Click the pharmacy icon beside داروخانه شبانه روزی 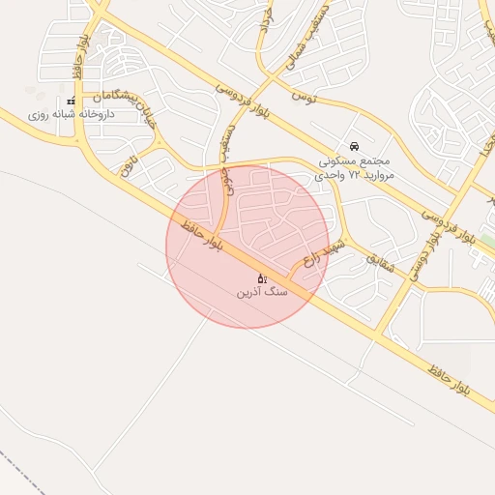click(71, 102)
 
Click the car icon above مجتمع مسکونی click(354, 145)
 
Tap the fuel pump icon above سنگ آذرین click(261, 277)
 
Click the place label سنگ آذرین click(262, 291)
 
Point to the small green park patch click(487, 241)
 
